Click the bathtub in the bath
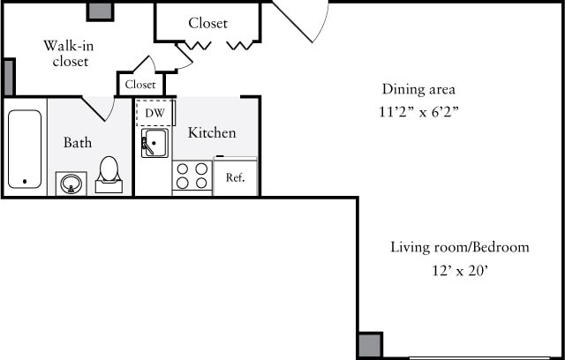tap(25, 148)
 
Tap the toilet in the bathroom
tap(109, 174)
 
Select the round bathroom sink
tap(70, 184)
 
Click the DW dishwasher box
tap(154, 113)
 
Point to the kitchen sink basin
tap(155, 143)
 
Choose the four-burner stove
tap(192, 176)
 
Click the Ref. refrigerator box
tap(235, 177)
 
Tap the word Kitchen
tap(212, 132)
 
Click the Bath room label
tap(77, 142)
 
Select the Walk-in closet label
tap(69, 53)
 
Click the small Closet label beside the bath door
tap(140, 85)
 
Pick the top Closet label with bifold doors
tap(207, 23)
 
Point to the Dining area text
tap(418, 89)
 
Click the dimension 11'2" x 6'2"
tap(418, 112)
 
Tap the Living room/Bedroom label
tap(460, 247)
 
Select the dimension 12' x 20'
tap(460, 271)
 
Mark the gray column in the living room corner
tap(370, 345)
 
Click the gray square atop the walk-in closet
tap(100, 11)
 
